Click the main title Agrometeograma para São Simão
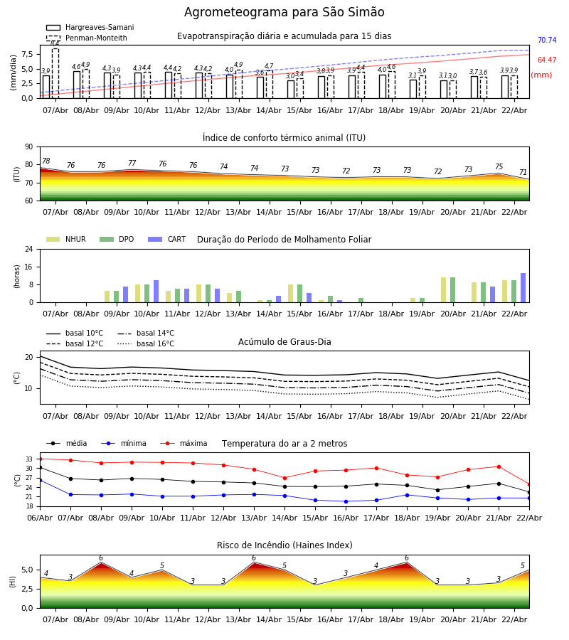(284, 12)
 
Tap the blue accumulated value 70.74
(547, 41)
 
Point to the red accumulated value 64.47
(547, 60)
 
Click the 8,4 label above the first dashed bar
(55, 43)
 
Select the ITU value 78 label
(46, 161)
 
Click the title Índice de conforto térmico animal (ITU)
(284, 138)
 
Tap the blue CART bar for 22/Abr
(523, 287)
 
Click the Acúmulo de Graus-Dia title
(284, 342)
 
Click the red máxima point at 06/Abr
(40, 459)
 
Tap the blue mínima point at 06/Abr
(40, 480)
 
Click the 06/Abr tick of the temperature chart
(40, 517)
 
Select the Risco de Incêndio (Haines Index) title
(284, 545)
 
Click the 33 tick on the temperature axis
(29, 459)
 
